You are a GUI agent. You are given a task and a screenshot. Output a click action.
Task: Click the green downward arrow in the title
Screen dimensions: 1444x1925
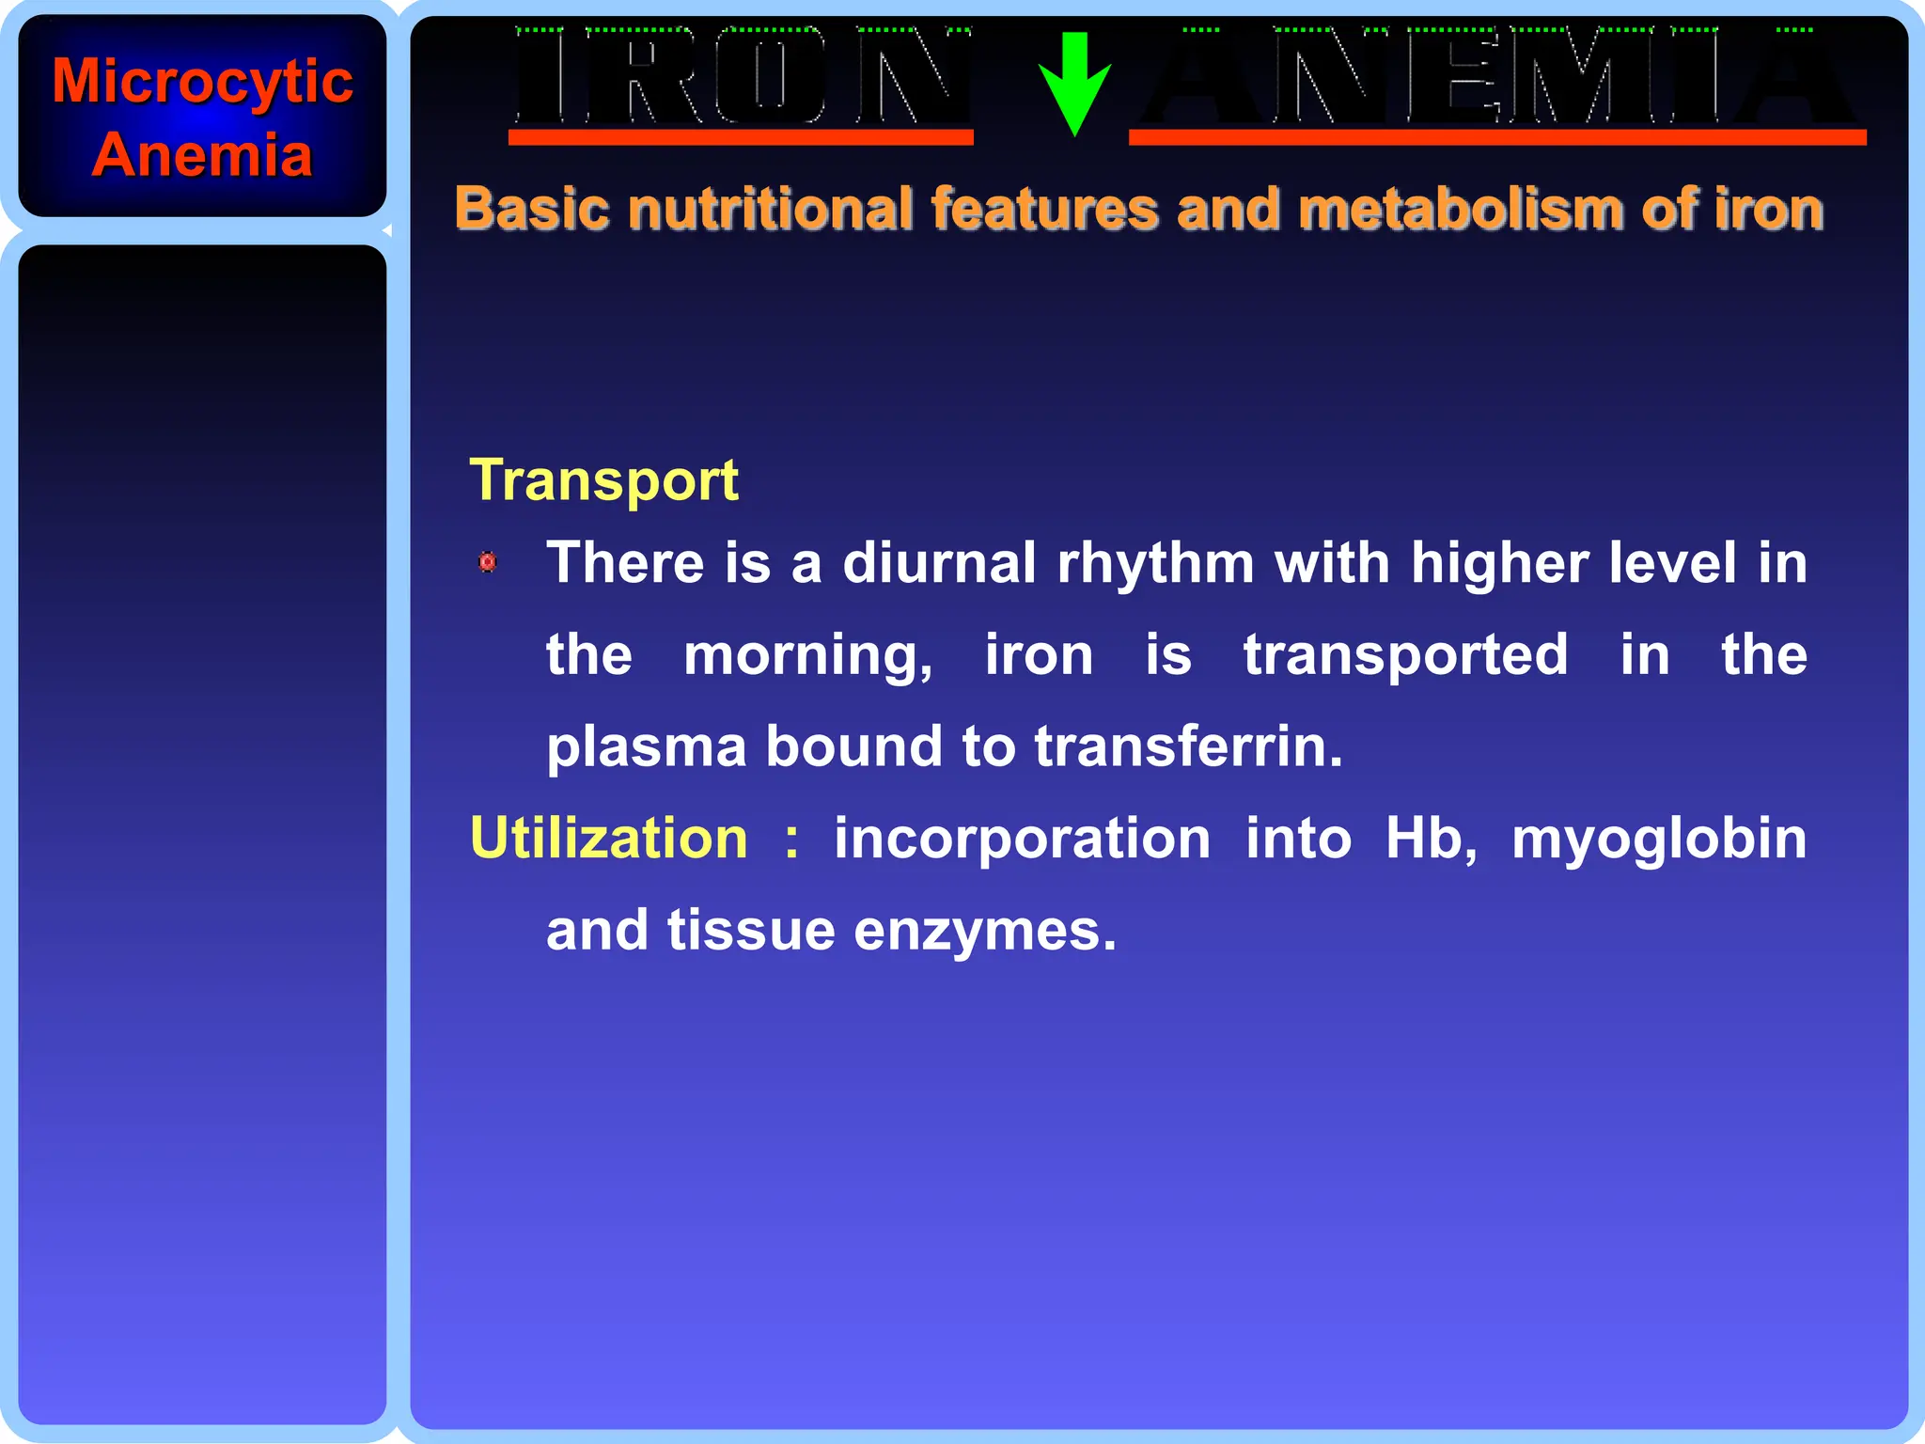click(x=1074, y=83)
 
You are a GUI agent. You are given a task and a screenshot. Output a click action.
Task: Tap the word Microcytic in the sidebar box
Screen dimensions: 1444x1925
click(x=202, y=83)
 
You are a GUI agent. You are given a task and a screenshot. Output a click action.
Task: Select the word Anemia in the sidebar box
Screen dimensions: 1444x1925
click(x=202, y=155)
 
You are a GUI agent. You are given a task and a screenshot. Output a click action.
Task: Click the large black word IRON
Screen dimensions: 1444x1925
click(x=742, y=77)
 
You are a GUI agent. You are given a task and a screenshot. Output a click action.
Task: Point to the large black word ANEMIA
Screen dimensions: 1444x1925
click(x=1496, y=77)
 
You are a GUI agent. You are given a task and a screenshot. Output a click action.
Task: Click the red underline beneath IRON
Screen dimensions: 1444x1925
click(x=741, y=138)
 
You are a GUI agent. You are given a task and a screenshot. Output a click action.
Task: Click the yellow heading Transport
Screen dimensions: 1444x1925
click(x=603, y=480)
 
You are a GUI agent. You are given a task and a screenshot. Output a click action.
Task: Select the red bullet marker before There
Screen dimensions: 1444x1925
click(x=488, y=562)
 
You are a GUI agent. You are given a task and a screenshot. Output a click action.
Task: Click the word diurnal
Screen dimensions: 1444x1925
click(x=939, y=563)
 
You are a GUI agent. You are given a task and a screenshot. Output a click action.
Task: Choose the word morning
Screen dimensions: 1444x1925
click(x=807, y=656)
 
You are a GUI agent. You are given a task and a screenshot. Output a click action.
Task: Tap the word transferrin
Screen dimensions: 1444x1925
click(x=1189, y=746)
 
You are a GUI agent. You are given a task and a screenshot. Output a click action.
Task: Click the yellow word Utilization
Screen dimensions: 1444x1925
click(x=609, y=838)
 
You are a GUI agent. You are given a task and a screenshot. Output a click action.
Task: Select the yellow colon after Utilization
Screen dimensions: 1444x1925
click(x=791, y=840)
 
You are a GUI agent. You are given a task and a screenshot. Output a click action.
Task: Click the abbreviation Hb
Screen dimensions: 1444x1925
click(x=1429, y=838)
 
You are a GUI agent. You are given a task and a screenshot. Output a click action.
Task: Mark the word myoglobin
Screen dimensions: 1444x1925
click(x=1659, y=840)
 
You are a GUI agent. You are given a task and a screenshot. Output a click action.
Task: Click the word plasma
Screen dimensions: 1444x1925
click(x=647, y=748)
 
